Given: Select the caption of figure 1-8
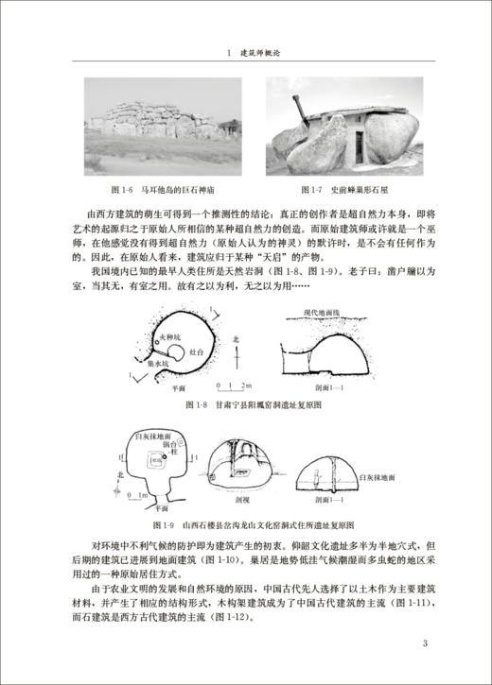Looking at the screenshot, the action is coord(247,404).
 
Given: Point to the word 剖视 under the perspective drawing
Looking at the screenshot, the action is coord(243,502).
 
